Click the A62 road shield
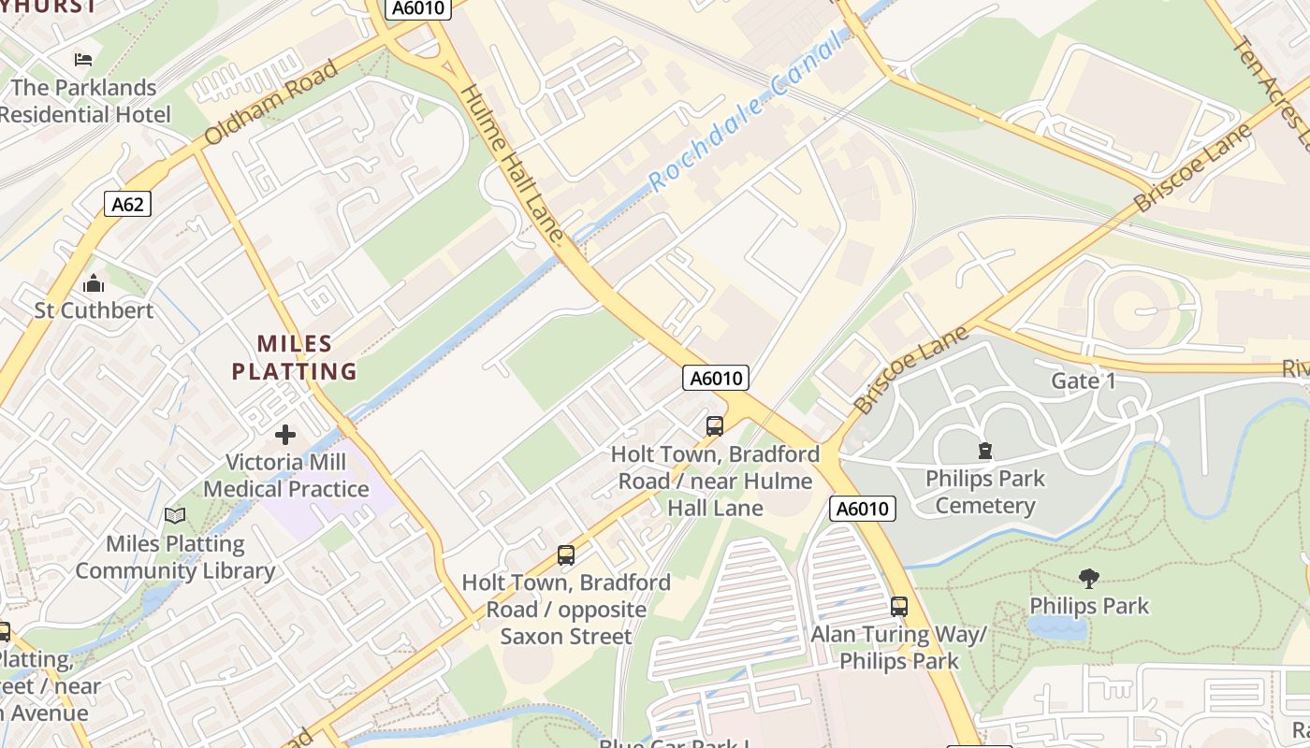click(x=127, y=204)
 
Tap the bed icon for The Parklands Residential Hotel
click(x=83, y=60)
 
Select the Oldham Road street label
click(x=269, y=104)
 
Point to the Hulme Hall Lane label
click(x=513, y=165)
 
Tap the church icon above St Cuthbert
click(x=94, y=282)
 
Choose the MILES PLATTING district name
click(x=294, y=357)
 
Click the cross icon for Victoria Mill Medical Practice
click(x=285, y=434)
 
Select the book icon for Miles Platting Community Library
click(x=175, y=515)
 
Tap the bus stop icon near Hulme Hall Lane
click(x=715, y=426)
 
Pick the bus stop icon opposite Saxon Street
click(x=566, y=554)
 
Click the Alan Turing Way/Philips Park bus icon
click(x=899, y=606)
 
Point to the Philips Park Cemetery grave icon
click(x=984, y=451)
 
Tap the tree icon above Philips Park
click(x=1088, y=578)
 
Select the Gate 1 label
click(x=1084, y=381)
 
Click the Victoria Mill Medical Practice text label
click(x=285, y=475)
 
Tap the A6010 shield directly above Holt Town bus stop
click(x=717, y=378)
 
